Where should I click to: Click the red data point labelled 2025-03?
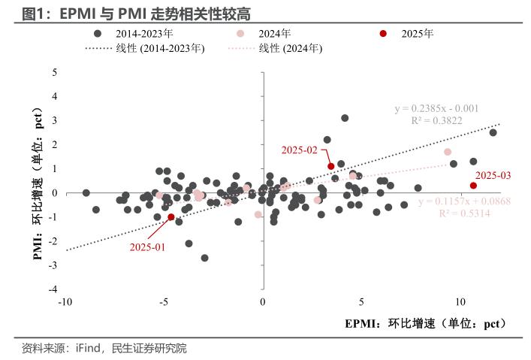[473, 186]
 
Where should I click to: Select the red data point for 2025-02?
[330, 166]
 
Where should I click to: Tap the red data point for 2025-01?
[171, 216]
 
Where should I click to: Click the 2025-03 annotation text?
[493, 175]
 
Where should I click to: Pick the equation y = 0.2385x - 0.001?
[436, 108]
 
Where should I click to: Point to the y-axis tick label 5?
[54, 72]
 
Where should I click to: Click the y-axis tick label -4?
[53, 289]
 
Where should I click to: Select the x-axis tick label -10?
[65, 302]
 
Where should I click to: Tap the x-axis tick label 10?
[460, 302]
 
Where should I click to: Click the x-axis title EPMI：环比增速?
[425, 324]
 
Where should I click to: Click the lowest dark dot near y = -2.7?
[204, 258]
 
